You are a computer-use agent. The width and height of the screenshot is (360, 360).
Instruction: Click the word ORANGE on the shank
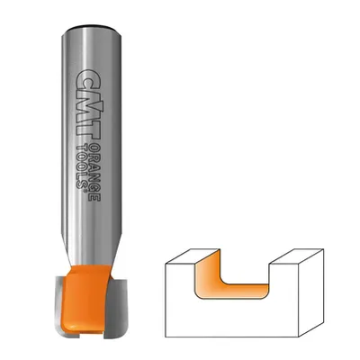point(95,174)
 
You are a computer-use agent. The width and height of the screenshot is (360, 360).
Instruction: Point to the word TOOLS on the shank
point(81,165)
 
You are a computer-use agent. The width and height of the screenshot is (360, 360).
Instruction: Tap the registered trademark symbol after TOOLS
point(84,191)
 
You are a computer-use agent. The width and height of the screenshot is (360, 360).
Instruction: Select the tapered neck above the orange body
point(92,250)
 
